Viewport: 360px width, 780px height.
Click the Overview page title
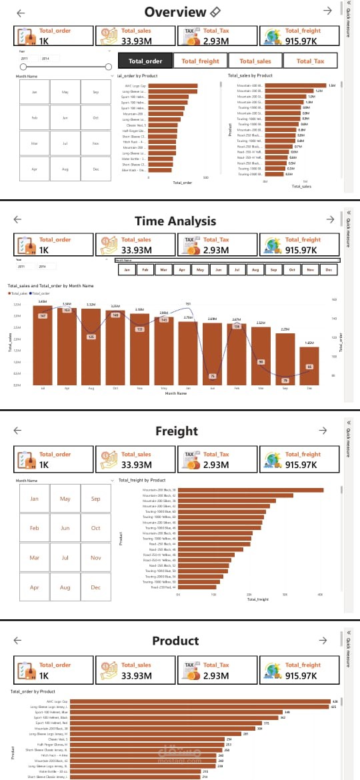click(x=175, y=12)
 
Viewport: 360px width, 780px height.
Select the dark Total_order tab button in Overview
click(x=145, y=61)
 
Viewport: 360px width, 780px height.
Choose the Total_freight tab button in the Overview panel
click(x=200, y=61)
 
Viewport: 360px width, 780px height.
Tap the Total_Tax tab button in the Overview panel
click(x=310, y=61)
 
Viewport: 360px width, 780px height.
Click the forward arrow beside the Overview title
click(x=327, y=11)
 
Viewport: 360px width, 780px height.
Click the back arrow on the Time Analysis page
click(x=18, y=219)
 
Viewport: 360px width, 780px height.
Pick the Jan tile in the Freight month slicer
click(x=35, y=499)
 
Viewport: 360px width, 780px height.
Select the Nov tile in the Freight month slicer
click(x=95, y=557)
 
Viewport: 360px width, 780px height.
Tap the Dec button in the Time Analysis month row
click(x=327, y=270)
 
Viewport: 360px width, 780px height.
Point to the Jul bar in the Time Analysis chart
click(x=43, y=345)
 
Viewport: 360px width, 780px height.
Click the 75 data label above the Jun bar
click(x=213, y=376)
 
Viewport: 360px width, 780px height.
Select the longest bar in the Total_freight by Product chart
click(x=251, y=490)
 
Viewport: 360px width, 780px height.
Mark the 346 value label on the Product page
click(x=287, y=712)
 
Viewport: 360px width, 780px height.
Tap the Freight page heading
click(x=177, y=431)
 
